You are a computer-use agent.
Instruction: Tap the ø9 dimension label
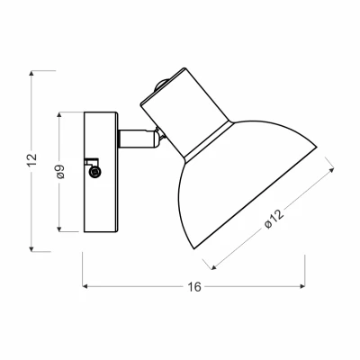click(x=58, y=172)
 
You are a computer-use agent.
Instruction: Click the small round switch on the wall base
click(x=96, y=172)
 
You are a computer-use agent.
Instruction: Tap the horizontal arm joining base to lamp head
click(x=135, y=139)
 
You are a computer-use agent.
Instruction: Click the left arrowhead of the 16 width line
click(x=85, y=287)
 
